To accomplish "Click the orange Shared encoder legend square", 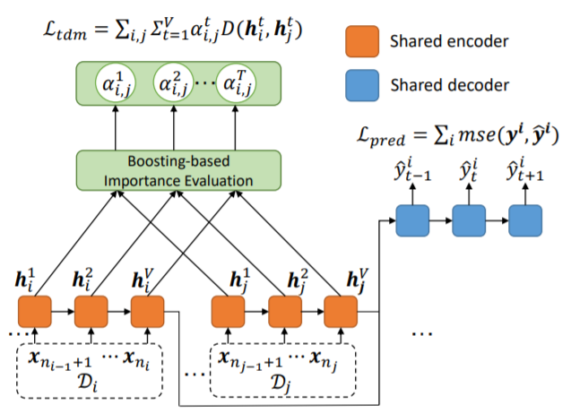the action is pos(362,41).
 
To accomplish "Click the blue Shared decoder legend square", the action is pos(362,85).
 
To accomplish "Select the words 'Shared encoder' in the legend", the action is pos(449,41).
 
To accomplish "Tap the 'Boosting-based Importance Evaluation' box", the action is pos(178,170).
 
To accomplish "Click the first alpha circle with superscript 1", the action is pos(116,83).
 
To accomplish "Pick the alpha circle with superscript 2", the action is pos(173,83).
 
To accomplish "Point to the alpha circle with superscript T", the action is pos(236,83).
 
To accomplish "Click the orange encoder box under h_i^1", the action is pos(35,312).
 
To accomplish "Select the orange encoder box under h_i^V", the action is pos(148,312).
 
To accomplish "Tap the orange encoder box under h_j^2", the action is pos(285,312).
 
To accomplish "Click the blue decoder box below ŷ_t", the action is pos(469,220).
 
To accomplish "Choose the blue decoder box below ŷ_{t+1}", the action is pos(525,220).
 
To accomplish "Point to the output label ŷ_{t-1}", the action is pos(412,169).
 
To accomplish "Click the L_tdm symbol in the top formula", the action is pos(65,30).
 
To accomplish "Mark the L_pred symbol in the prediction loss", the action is pos(381,136).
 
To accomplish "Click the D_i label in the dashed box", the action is pos(89,383).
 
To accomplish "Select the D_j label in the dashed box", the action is pos(281,383).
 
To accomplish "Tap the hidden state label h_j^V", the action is pos(358,280).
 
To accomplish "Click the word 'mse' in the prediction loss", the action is pos(476,135).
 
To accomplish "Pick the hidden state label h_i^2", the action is pos(82,280).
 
